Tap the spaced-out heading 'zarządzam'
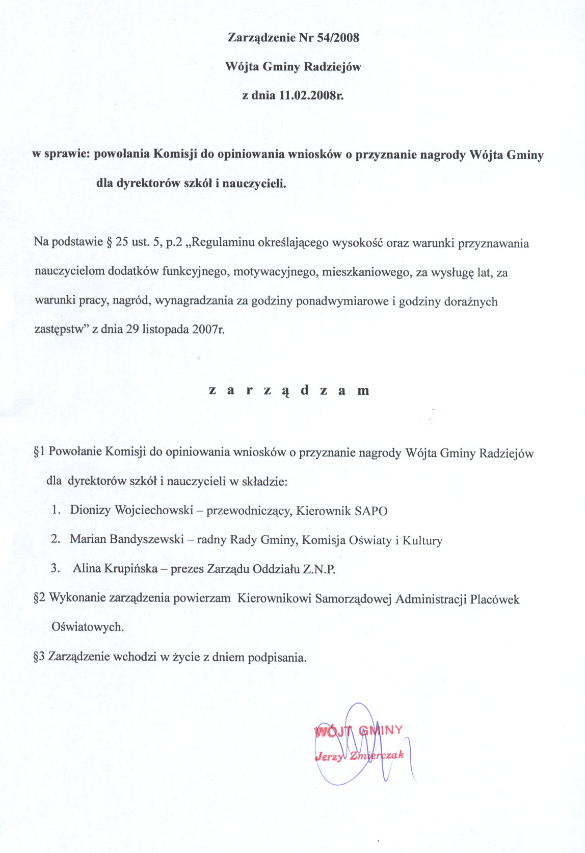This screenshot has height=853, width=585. [x=289, y=391]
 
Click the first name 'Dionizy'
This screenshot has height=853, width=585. [x=90, y=510]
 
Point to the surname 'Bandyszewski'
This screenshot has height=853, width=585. [x=152, y=539]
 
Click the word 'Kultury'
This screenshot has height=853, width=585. [x=422, y=541]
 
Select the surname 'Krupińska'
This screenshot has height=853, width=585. [x=130, y=568]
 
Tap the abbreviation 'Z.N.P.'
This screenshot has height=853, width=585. [x=320, y=569]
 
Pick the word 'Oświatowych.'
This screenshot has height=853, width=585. [x=88, y=627]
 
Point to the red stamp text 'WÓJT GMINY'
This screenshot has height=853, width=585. [x=359, y=731]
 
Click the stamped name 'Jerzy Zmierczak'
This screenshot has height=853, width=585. [x=359, y=756]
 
